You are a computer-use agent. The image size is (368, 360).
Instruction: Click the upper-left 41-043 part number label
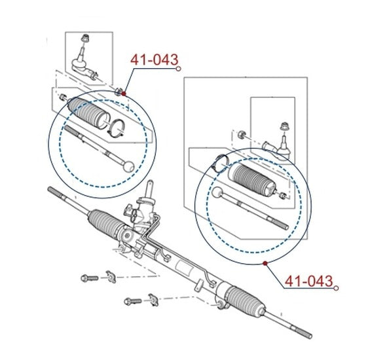coord(154,60)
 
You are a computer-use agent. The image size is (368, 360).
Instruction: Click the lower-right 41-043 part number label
coord(309,281)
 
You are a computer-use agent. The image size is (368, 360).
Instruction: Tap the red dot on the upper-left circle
coord(124,94)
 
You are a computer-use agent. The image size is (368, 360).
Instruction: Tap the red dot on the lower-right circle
coord(265,263)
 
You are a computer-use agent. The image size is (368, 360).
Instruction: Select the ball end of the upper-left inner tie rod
coord(128,166)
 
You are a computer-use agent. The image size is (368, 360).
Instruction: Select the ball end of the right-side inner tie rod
coord(217,192)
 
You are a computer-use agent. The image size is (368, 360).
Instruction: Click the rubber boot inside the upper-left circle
coord(88,112)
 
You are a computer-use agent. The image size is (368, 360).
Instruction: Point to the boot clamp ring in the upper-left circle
coord(117,128)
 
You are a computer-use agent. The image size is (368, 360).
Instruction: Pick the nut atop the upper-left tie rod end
coord(85,38)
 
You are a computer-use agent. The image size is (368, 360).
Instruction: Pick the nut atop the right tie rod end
coord(284,126)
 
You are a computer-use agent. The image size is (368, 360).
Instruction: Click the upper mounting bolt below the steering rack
coord(90,278)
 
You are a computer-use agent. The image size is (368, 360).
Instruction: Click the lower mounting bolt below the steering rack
coord(133,301)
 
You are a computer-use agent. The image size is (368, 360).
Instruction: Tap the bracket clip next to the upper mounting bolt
coord(111,277)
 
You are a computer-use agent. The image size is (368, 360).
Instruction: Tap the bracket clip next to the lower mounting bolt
coord(153,300)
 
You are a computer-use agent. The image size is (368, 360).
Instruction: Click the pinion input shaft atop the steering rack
coord(149,189)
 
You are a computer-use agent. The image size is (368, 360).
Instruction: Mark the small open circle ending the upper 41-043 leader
coord(178,69)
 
